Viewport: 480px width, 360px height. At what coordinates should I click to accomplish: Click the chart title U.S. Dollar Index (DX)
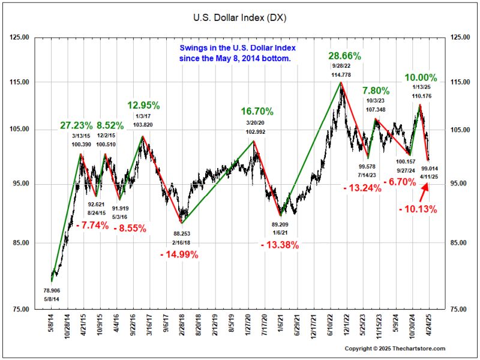coord(240,18)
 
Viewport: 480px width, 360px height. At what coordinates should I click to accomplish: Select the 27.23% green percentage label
coord(76,126)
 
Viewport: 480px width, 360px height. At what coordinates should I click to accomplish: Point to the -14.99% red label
coord(179,254)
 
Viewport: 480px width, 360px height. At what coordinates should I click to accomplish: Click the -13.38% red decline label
coord(280,245)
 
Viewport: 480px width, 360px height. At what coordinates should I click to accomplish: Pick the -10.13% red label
coord(418,209)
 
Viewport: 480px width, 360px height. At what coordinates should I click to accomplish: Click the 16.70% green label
coord(257,112)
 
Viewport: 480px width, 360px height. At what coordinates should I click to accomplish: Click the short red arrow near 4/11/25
coord(424,191)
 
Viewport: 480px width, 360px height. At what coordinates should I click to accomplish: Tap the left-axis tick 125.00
coord(20,38)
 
